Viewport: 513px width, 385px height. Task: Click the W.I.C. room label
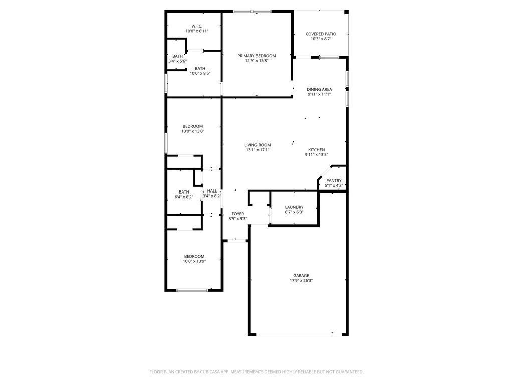197,26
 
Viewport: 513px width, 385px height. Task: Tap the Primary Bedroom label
256,56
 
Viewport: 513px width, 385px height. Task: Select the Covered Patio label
321,34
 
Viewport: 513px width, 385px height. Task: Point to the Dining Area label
319,89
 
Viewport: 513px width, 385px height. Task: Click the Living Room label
258,145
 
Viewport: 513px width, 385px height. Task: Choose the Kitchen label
317,150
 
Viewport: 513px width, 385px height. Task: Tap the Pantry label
334,180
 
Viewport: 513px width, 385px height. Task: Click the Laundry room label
294,207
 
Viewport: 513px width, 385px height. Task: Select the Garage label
301,276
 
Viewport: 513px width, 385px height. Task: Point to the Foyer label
238,214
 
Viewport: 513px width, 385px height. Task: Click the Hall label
212,191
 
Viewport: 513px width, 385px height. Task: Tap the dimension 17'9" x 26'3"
301,281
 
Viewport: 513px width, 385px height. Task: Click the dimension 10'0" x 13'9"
194,261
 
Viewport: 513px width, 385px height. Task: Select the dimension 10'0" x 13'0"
193,131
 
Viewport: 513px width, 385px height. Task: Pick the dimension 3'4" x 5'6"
178,61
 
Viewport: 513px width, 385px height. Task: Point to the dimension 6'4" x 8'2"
184,197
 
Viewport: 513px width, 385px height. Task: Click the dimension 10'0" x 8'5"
200,73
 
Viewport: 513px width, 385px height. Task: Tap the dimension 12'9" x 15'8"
257,61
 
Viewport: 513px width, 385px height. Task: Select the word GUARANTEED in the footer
351,372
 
